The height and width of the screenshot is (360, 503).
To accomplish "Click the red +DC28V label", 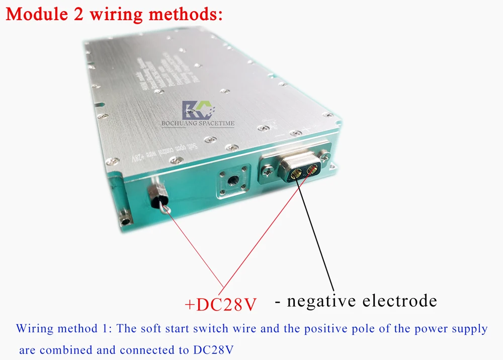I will pos(221,304).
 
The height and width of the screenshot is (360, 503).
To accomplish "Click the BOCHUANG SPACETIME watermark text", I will pos(198,123).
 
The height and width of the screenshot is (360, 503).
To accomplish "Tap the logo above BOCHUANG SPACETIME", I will pos(197,109).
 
